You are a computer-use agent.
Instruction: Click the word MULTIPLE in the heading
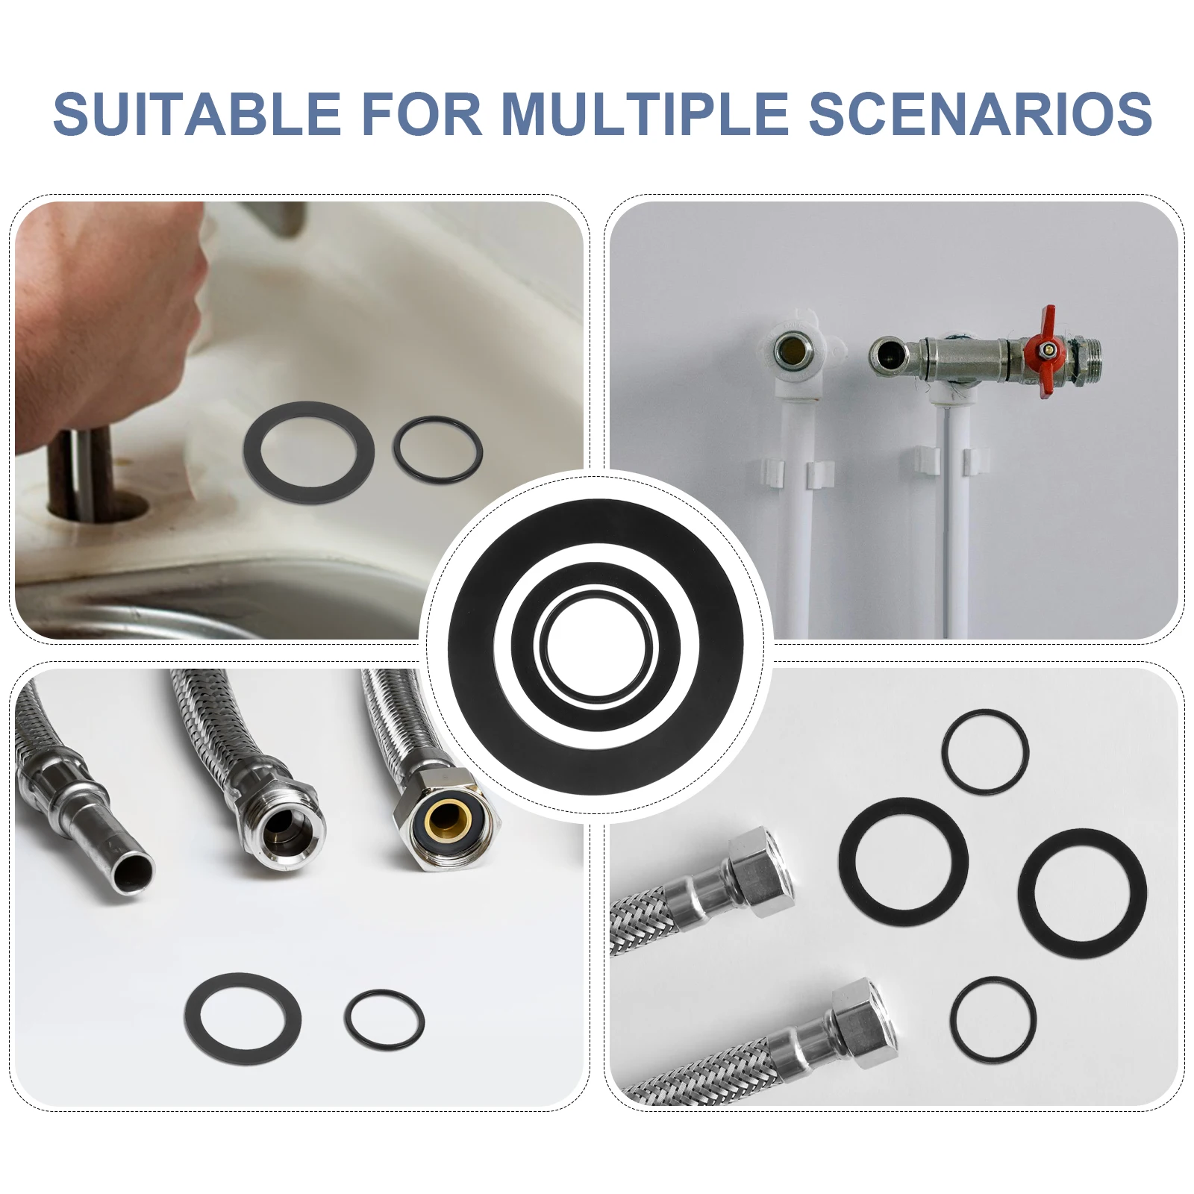(x=645, y=113)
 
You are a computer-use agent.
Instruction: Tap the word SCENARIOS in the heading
(x=981, y=113)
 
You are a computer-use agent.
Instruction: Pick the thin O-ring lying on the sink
(x=437, y=450)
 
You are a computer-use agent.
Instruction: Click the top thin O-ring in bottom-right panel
(x=985, y=751)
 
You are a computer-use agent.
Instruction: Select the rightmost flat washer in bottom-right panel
(x=1082, y=893)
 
